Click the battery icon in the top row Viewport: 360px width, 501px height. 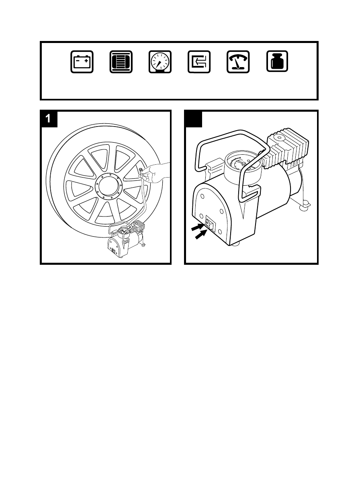pyautogui.click(x=82, y=62)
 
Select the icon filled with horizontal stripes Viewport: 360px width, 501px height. pyautogui.click(x=121, y=62)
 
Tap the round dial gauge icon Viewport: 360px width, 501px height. pyautogui.click(x=160, y=62)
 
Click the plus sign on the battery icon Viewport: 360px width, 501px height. pyautogui.click(x=86, y=59)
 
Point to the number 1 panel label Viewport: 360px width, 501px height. pyautogui.click(x=49, y=119)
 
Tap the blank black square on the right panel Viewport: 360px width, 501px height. pyautogui.click(x=193, y=119)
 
